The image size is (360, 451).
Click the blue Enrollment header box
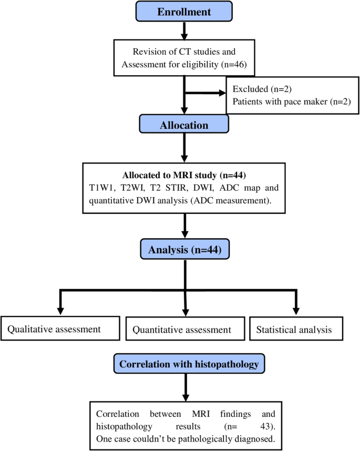[x=184, y=11]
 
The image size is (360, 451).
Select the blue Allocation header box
[x=184, y=126]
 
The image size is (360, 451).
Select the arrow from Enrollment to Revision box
[x=184, y=30]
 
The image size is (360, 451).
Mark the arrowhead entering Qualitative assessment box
[x=61, y=310]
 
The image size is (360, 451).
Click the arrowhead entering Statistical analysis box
[x=296, y=310]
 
